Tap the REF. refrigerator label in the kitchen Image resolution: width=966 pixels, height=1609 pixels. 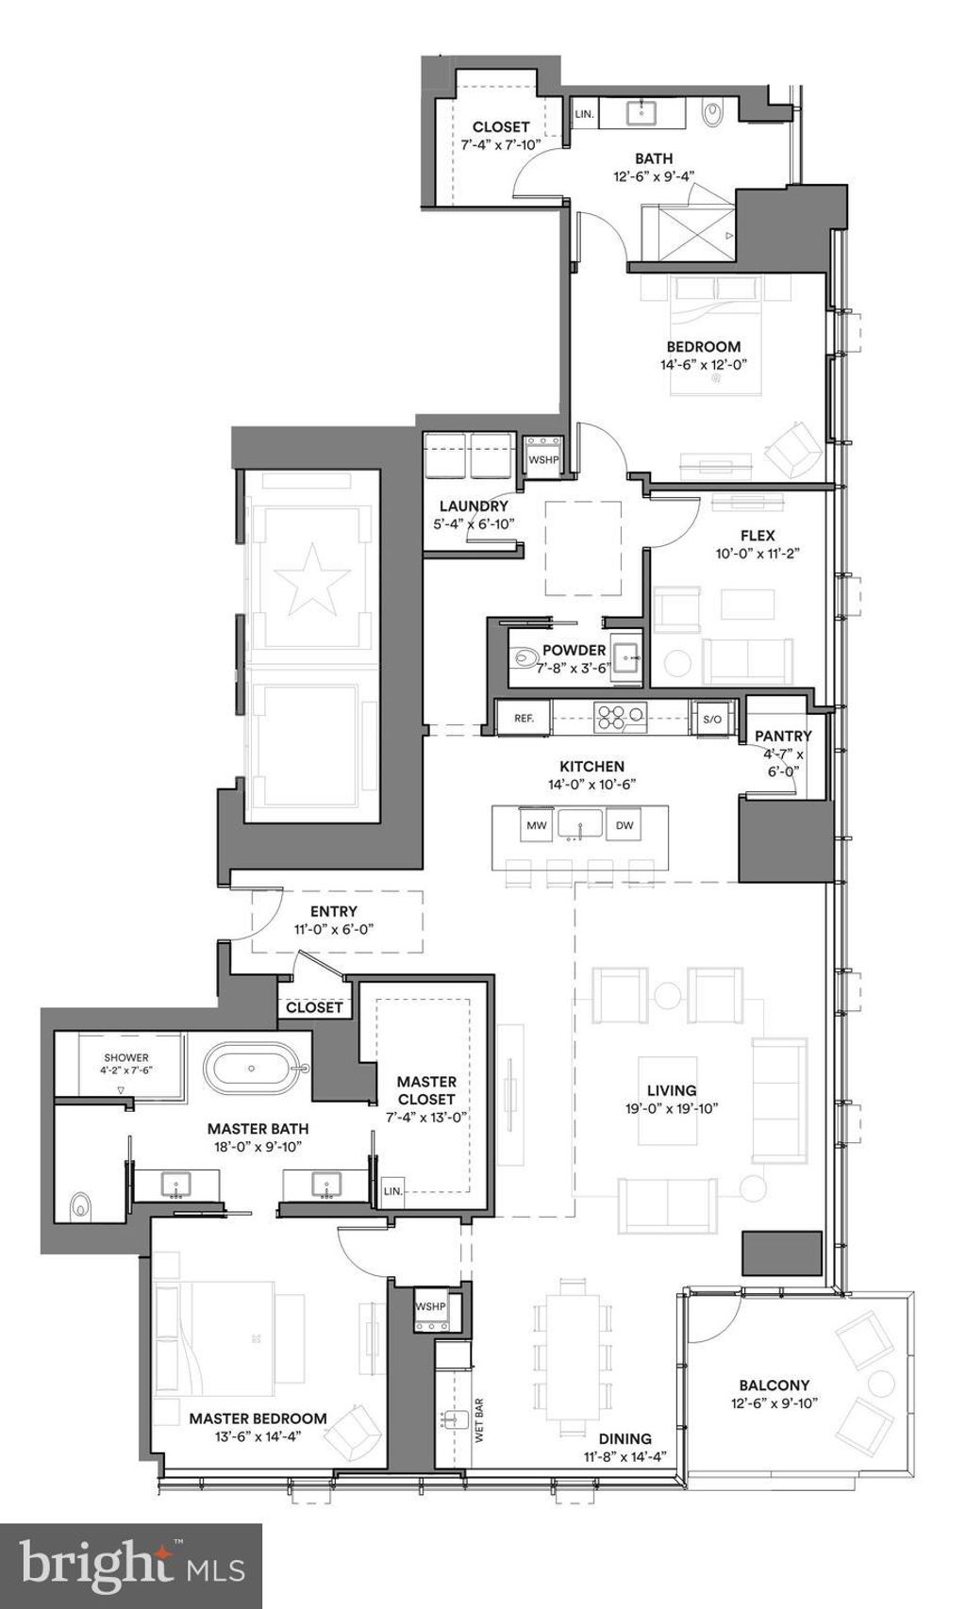click(524, 719)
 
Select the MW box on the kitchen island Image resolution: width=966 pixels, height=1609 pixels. click(537, 825)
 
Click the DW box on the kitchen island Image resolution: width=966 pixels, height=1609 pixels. click(625, 825)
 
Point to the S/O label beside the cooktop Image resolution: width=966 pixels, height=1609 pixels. click(711, 720)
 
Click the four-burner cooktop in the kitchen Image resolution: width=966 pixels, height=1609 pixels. click(620, 718)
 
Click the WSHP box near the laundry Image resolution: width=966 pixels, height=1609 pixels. click(543, 460)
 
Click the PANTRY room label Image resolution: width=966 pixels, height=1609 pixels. click(783, 736)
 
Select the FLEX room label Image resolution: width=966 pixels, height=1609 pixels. click(758, 536)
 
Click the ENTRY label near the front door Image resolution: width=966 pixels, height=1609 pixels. click(333, 911)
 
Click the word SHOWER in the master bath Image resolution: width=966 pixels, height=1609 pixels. click(126, 1058)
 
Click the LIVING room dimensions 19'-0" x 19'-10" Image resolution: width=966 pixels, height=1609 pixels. click(672, 1109)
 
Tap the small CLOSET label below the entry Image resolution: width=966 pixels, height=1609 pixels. click(314, 1007)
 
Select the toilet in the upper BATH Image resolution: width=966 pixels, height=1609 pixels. click(714, 113)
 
